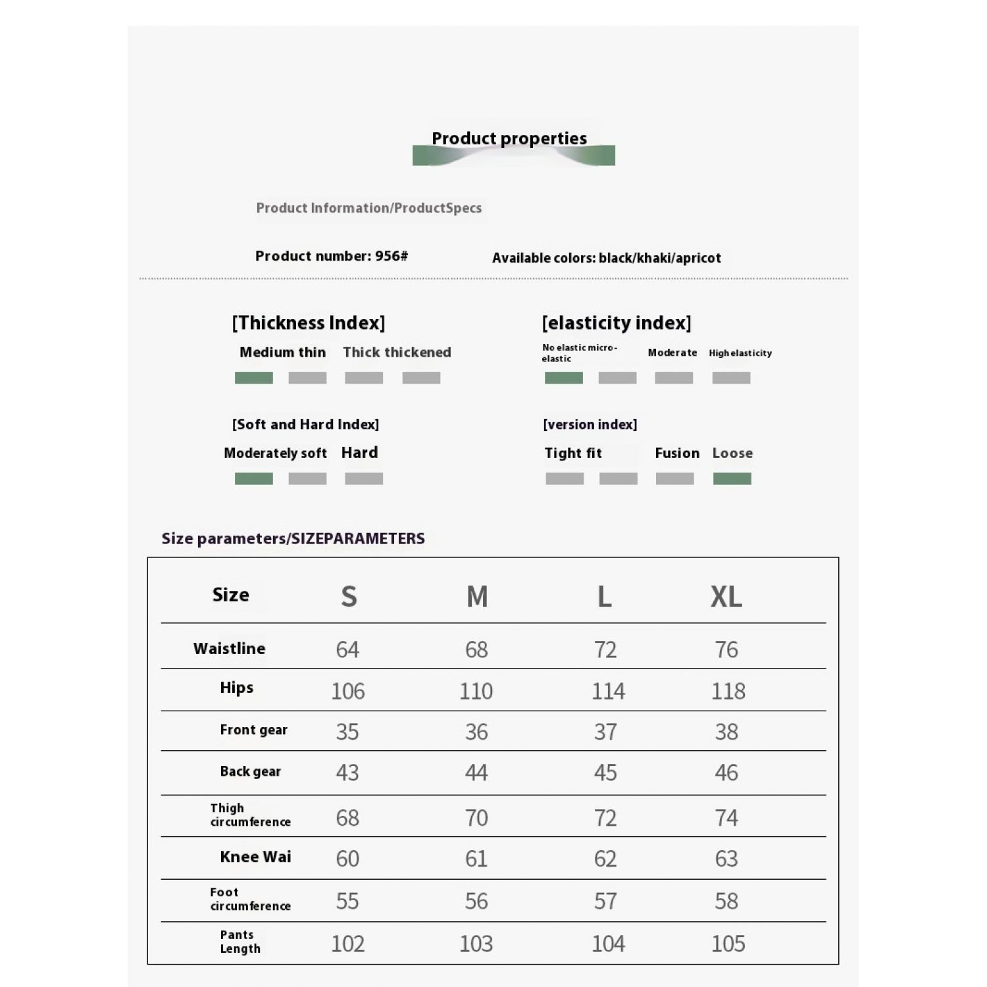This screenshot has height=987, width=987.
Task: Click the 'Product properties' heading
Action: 509,139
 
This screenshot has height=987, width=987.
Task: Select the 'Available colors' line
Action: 606,258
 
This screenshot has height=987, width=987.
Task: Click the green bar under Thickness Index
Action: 253,378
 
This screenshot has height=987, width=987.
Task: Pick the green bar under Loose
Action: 732,478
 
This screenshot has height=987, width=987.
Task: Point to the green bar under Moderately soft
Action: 253,478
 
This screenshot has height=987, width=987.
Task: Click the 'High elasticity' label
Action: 740,353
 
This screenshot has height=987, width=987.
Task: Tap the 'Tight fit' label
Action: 572,453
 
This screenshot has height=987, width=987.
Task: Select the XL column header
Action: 726,597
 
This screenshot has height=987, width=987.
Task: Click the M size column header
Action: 477,597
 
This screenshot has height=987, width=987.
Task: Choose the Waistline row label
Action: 229,649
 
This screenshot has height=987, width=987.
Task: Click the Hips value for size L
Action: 607,691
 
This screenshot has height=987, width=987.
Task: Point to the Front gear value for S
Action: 347,732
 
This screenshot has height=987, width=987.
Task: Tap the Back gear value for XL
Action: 726,772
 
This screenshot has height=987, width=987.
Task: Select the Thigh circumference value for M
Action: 476,818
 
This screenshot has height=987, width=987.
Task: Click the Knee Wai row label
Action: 255,857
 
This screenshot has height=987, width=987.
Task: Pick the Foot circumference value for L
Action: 605,901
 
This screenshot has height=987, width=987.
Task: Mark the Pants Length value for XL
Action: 728,944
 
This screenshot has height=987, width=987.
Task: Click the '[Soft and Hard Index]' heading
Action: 305,424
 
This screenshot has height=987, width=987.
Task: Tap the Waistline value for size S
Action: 347,649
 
